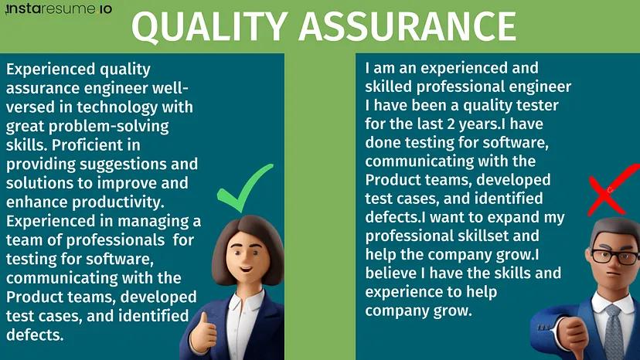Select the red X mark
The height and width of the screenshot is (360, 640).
[611, 188]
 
